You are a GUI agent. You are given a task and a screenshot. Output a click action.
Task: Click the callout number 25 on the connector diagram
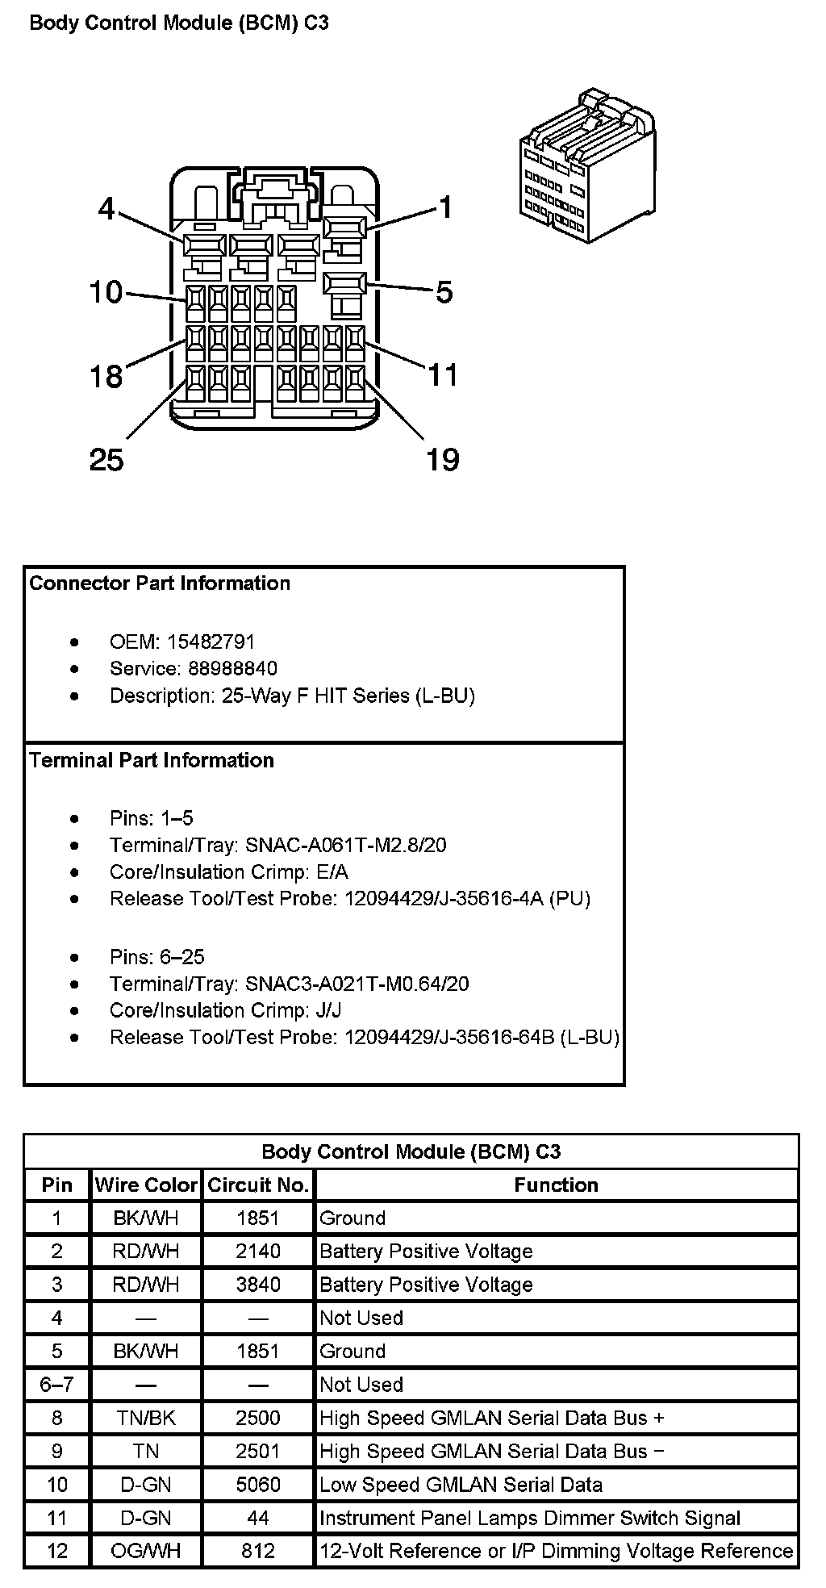[x=106, y=460]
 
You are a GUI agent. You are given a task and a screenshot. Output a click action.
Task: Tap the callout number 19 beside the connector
[x=442, y=460]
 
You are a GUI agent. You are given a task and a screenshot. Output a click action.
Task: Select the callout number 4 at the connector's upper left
[x=106, y=209]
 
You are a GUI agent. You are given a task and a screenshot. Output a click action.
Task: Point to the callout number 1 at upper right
[x=444, y=207]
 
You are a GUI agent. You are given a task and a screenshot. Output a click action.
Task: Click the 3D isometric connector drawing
[x=586, y=165]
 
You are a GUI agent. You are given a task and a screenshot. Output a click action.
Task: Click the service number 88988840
[x=233, y=668]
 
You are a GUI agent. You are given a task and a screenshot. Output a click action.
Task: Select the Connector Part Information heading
[x=160, y=583]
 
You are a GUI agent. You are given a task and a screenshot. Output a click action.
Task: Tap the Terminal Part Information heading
[x=152, y=760]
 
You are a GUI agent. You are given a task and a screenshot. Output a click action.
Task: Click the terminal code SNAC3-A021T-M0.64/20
[x=357, y=984]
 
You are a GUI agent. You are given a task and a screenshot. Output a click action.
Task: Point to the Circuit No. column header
[x=258, y=1185]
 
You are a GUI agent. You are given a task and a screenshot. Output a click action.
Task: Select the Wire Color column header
[x=146, y=1185]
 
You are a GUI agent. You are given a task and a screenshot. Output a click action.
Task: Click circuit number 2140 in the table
[x=258, y=1252]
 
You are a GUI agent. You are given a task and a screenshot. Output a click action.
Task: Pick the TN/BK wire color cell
[x=146, y=1418]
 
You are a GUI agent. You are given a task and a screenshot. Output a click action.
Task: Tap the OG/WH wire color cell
[x=146, y=1551]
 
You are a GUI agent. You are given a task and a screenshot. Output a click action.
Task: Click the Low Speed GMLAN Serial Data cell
[x=461, y=1485]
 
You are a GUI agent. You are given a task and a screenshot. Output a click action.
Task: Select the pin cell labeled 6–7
[x=56, y=1385]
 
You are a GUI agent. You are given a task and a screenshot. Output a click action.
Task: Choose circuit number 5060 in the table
[x=258, y=1485]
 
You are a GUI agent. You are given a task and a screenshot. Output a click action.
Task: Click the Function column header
[x=557, y=1185]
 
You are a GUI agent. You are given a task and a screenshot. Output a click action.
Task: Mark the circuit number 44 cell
[x=258, y=1518]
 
